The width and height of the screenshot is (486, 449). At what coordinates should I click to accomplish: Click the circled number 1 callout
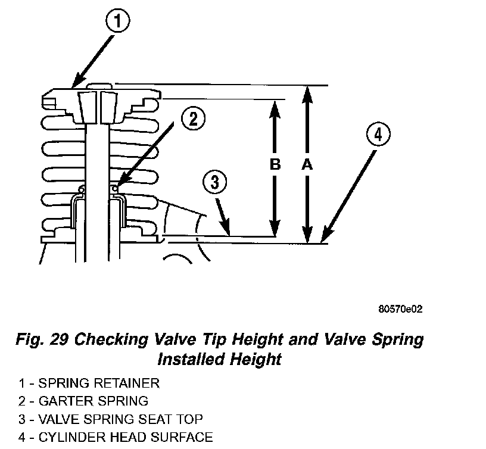click(x=117, y=23)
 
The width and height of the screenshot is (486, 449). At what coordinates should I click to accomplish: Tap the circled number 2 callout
click(x=193, y=120)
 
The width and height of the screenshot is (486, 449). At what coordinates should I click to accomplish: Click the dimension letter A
click(x=307, y=165)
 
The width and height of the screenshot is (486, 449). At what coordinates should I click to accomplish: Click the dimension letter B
click(x=275, y=165)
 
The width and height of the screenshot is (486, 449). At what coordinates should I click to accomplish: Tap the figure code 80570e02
click(x=400, y=310)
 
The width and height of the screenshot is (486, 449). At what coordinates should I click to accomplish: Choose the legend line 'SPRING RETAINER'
click(x=99, y=383)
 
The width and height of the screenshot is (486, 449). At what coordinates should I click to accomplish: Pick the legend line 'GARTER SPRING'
click(x=93, y=401)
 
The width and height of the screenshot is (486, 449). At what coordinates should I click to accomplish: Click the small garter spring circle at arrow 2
click(x=115, y=189)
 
